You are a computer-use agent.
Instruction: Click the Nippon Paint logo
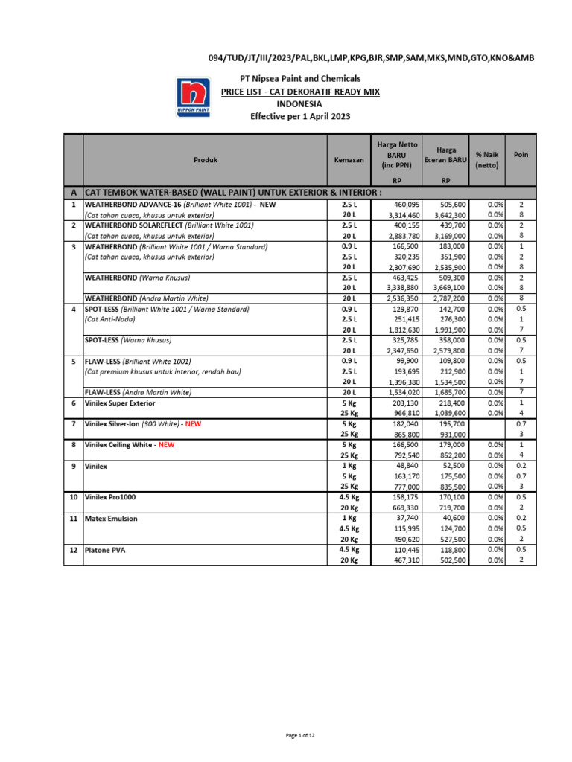192,97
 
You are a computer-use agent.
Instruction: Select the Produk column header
206,160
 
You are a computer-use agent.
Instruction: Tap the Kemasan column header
349,160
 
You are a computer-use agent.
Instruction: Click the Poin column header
521,155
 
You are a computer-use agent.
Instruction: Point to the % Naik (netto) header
487,160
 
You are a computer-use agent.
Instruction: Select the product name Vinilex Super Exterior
120,403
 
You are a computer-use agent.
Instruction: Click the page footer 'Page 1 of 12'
300,735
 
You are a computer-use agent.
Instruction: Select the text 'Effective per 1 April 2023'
300,117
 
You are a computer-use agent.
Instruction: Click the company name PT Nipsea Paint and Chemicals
300,78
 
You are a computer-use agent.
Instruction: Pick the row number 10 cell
73,496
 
